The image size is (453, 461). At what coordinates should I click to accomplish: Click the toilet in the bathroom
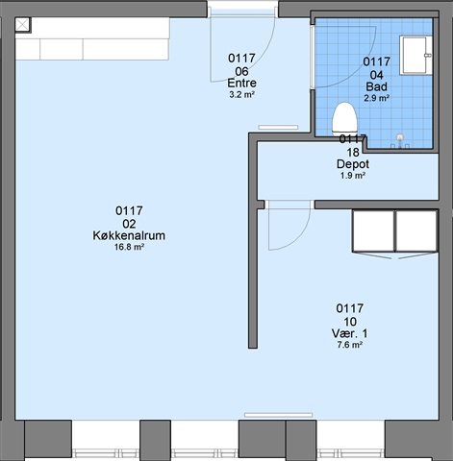[344, 118]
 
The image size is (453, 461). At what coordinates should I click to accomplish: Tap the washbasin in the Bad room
[415, 56]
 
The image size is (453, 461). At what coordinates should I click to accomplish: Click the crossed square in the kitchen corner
[22, 25]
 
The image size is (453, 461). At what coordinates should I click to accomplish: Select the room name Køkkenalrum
[129, 235]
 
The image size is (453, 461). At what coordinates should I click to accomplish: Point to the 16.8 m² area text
[129, 247]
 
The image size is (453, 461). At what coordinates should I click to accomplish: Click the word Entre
[241, 83]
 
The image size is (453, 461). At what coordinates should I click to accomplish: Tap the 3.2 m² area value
[241, 95]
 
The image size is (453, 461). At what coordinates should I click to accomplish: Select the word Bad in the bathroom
[376, 86]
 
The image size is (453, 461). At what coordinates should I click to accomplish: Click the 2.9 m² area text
[376, 98]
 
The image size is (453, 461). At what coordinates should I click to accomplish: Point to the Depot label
[353, 164]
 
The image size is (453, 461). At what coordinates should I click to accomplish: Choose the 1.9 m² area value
[353, 176]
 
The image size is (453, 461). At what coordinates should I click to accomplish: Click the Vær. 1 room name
[349, 333]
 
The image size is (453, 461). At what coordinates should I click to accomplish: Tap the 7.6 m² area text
[349, 345]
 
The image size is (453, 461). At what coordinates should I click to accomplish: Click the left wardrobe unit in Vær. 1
[373, 230]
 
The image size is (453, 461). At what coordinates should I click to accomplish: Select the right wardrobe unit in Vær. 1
[416, 230]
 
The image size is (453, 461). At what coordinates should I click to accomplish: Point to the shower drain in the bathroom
[399, 137]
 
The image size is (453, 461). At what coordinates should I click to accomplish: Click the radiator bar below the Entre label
[278, 128]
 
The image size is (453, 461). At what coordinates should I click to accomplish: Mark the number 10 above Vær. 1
[349, 321]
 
